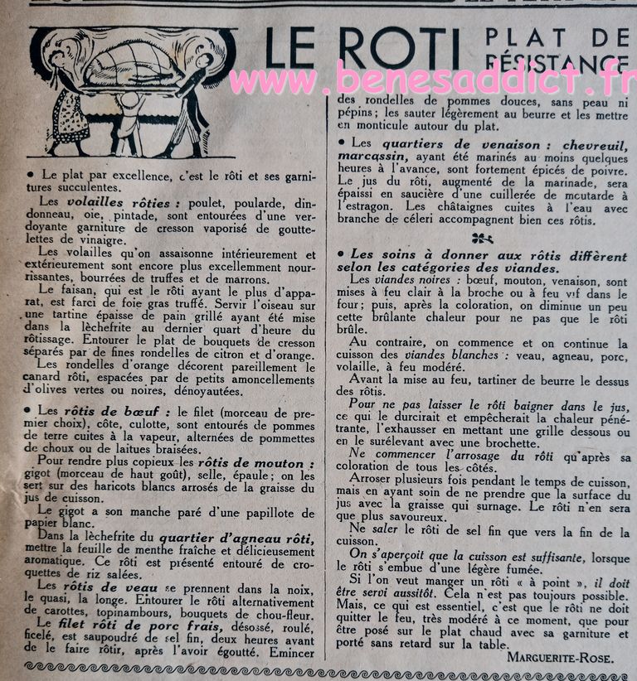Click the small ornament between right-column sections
tap(483, 238)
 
